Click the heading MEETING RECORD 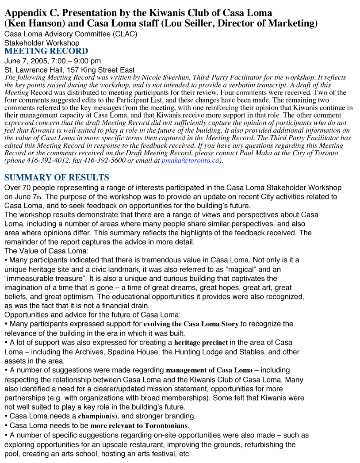46,51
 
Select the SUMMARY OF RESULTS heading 57,178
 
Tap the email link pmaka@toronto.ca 191,161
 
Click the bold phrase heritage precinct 201,343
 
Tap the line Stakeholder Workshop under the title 42,43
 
